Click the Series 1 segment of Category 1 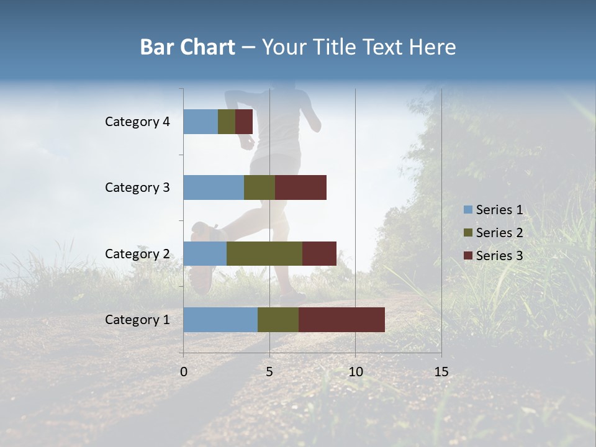(220, 320)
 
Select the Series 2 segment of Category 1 (278, 320)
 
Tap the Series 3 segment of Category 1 (341, 320)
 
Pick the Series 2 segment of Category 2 (264, 253)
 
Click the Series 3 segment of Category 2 (319, 253)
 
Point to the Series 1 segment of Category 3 (214, 187)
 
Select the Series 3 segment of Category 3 (300, 187)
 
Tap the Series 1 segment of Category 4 (201, 122)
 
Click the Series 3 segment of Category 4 (244, 122)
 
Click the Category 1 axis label (137, 320)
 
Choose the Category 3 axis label (137, 187)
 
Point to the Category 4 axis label (137, 122)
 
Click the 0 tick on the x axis (184, 372)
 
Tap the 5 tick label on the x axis (269, 372)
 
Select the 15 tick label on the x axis (441, 372)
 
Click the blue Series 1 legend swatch (467, 210)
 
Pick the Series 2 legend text (499, 233)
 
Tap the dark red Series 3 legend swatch (467, 256)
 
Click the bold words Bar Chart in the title (187, 47)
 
